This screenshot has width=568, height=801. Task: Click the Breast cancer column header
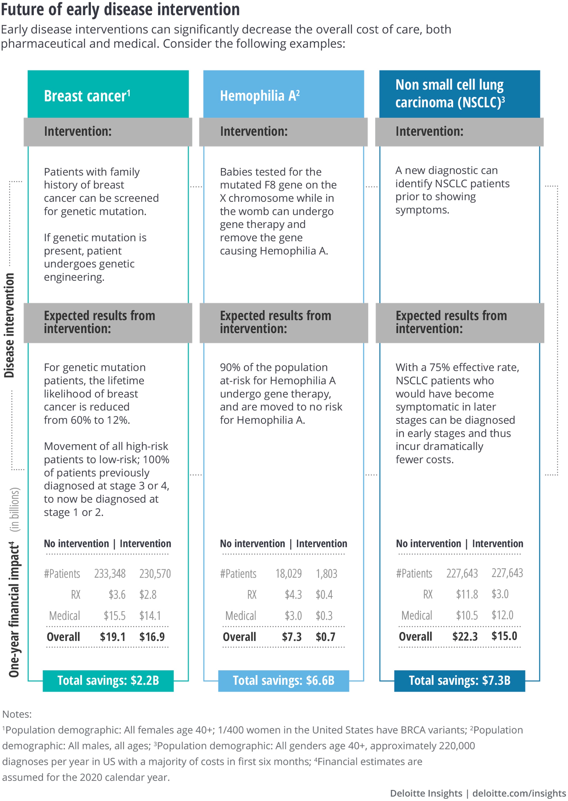pos(87,96)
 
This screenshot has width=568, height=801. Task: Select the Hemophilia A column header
pos(260,96)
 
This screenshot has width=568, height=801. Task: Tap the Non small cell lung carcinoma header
pos(450,93)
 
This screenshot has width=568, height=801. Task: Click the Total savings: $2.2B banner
pos(108,681)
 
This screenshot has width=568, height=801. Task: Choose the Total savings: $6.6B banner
pos(284,681)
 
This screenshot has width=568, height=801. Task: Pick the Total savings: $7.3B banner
pos(460,681)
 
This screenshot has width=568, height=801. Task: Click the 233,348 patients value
pos(110,573)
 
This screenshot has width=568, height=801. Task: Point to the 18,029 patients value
pos(288,573)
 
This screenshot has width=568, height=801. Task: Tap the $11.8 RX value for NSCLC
pos(467,594)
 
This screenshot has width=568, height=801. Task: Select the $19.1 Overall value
pos(113,637)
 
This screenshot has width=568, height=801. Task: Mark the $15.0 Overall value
pos(504,636)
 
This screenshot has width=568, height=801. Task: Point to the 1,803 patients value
pos(326,573)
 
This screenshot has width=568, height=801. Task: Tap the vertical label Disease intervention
pos(9,325)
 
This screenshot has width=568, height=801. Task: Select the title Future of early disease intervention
pos(120,9)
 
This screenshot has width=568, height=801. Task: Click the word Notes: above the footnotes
pos(17,714)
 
